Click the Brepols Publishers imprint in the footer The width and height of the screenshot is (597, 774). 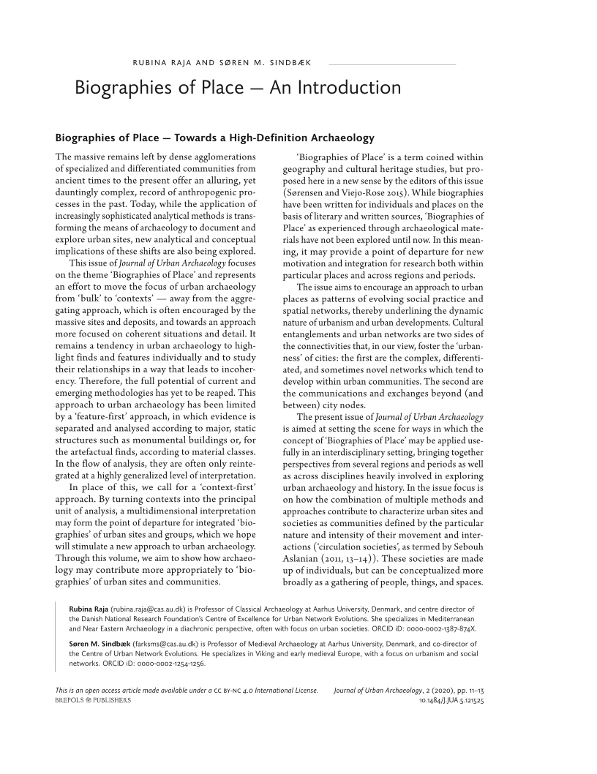93,700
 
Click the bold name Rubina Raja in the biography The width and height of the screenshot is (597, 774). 88,609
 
